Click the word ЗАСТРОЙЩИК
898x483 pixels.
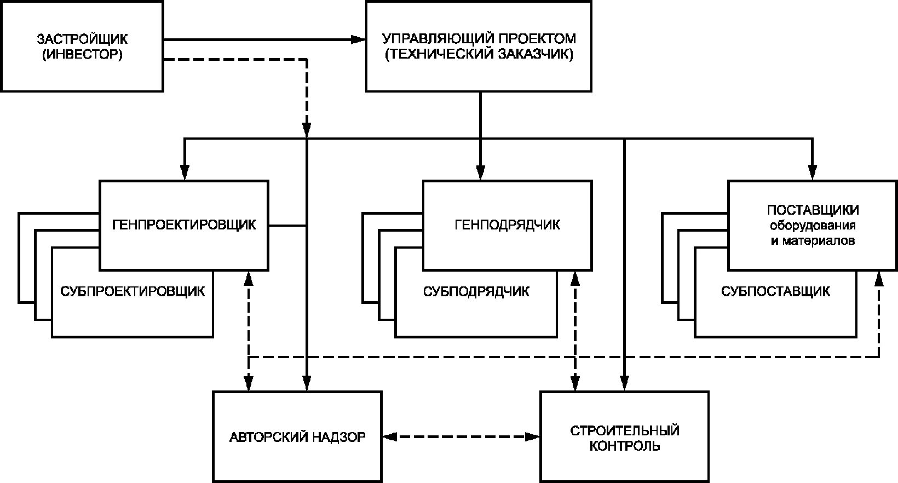click(82, 39)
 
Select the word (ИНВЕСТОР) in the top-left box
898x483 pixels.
click(82, 55)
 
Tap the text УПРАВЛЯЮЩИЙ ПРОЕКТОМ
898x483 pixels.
click(479, 39)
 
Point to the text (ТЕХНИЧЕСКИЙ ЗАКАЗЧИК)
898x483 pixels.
click(479, 55)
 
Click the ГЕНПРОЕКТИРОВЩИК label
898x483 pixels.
click(184, 225)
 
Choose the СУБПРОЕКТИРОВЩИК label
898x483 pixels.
click(133, 291)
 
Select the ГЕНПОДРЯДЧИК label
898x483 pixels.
click(508, 225)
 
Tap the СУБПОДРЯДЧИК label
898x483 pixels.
click(476, 291)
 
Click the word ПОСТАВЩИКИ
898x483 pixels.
click(813, 210)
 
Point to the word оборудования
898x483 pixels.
click(813, 226)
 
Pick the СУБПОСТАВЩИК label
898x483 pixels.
click(775, 291)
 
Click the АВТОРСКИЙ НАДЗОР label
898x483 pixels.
click(297, 437)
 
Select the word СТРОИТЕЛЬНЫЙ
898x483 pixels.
click(625, 430)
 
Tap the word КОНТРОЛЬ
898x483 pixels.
click(625, 446)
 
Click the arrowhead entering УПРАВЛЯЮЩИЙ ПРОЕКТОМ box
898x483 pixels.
click(359, 39)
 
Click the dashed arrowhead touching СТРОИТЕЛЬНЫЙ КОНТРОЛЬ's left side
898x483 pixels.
click(533, 436)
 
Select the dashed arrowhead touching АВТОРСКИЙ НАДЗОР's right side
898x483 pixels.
click(390, 436)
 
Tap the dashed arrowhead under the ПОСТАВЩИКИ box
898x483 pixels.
click(879, 279)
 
